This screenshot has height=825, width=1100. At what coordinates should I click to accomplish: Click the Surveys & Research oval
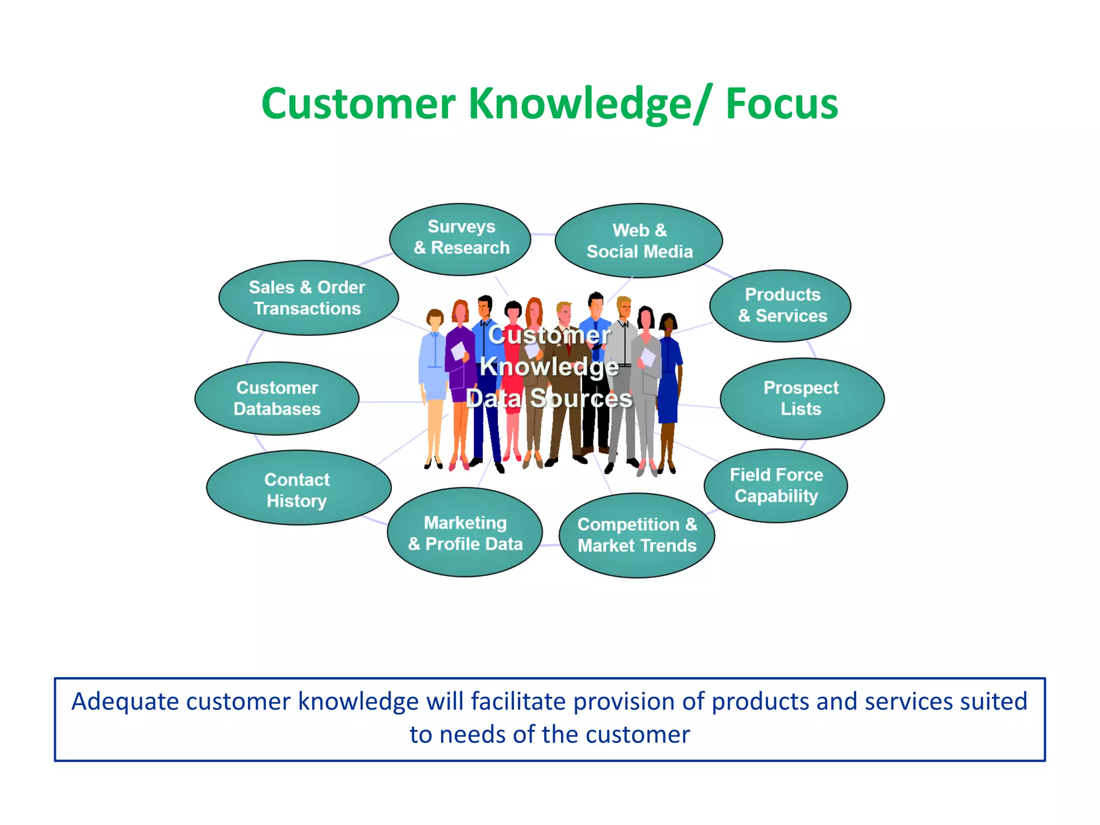[460, 239]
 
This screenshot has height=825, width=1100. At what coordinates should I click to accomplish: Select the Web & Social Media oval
[639, 241]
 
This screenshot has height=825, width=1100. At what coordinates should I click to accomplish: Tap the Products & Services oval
[780, 306]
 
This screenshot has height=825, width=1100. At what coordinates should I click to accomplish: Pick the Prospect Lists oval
[801, 399]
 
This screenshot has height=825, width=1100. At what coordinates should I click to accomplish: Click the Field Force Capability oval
[776, 486]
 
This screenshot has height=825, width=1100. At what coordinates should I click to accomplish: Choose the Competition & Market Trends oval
[637, 535]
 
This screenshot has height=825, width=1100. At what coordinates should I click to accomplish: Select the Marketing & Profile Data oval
[465, 532]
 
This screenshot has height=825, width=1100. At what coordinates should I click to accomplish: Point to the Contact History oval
[299, 488]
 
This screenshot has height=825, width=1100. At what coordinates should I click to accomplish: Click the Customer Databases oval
[277, 399]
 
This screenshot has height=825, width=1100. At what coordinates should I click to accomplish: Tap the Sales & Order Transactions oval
[308, 298]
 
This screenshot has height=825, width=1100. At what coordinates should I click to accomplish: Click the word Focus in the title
[781, 104]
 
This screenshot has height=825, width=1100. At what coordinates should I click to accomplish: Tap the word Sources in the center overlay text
[581, 399]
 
